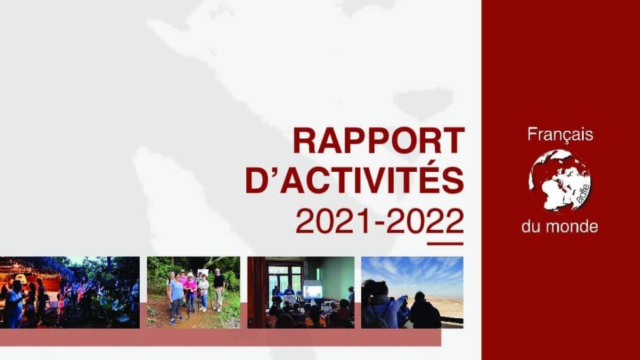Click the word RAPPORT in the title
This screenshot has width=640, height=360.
click(379, 140)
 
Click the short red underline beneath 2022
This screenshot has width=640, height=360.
click(445, 244)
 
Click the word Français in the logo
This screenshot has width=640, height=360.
click(560, 135)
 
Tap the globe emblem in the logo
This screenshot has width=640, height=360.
click(560, 181)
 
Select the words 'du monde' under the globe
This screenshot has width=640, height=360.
click(560, 226)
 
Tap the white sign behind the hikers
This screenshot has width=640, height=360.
click(203, 272)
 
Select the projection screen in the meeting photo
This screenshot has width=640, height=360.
click(312, 291)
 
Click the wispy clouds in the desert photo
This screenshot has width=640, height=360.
click(412, 270)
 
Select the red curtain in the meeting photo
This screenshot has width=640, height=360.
click(256, 292)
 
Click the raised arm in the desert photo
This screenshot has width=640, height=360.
click(402, 303)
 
